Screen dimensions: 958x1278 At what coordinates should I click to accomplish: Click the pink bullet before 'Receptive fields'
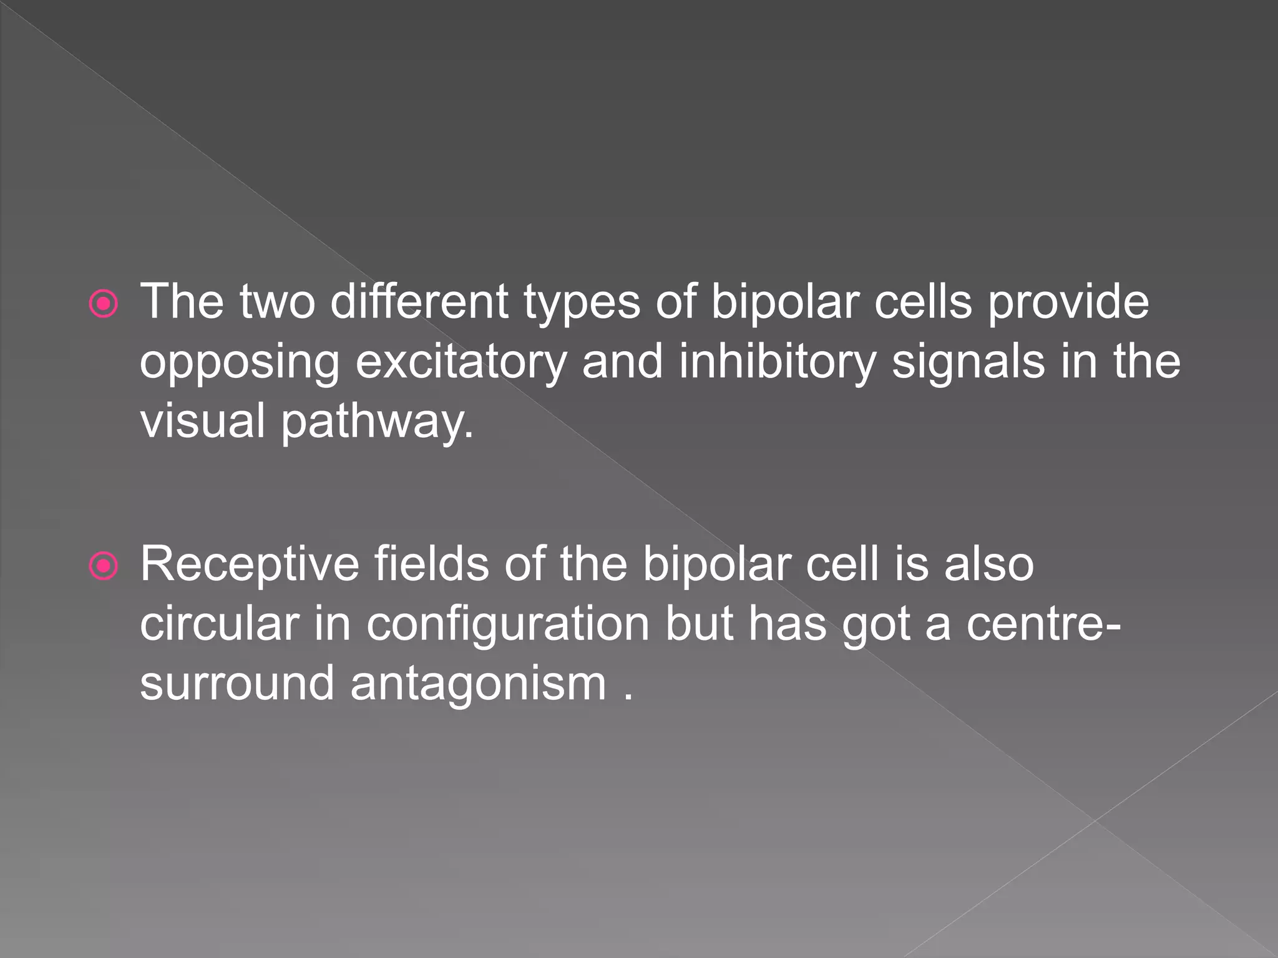click(104, 566)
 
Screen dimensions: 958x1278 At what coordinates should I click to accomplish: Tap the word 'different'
click(419, 302)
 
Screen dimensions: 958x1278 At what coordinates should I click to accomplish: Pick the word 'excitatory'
click(461, 364)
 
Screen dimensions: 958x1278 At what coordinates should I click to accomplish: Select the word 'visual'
click(203, 420)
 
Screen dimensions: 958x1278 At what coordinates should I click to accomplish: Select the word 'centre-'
click(1043, 625)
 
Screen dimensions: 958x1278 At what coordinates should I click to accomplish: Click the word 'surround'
click(237, 684)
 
